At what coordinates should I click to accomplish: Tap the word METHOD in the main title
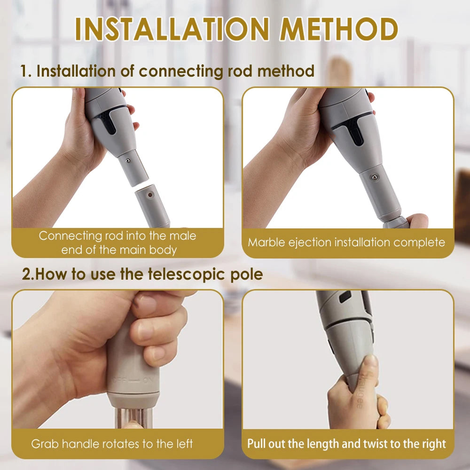pos(338,29)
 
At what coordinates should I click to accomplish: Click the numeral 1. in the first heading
pos(26,71)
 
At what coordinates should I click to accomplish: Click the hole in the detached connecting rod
pos(150,195)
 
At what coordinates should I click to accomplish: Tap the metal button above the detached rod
pos(128,161)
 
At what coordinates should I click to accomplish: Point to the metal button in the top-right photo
pos(375,178)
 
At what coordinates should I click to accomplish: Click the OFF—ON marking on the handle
pos(132,381)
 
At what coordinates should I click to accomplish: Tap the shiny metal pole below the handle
pos(133,417)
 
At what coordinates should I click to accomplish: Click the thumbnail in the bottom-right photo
pos(371,361)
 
